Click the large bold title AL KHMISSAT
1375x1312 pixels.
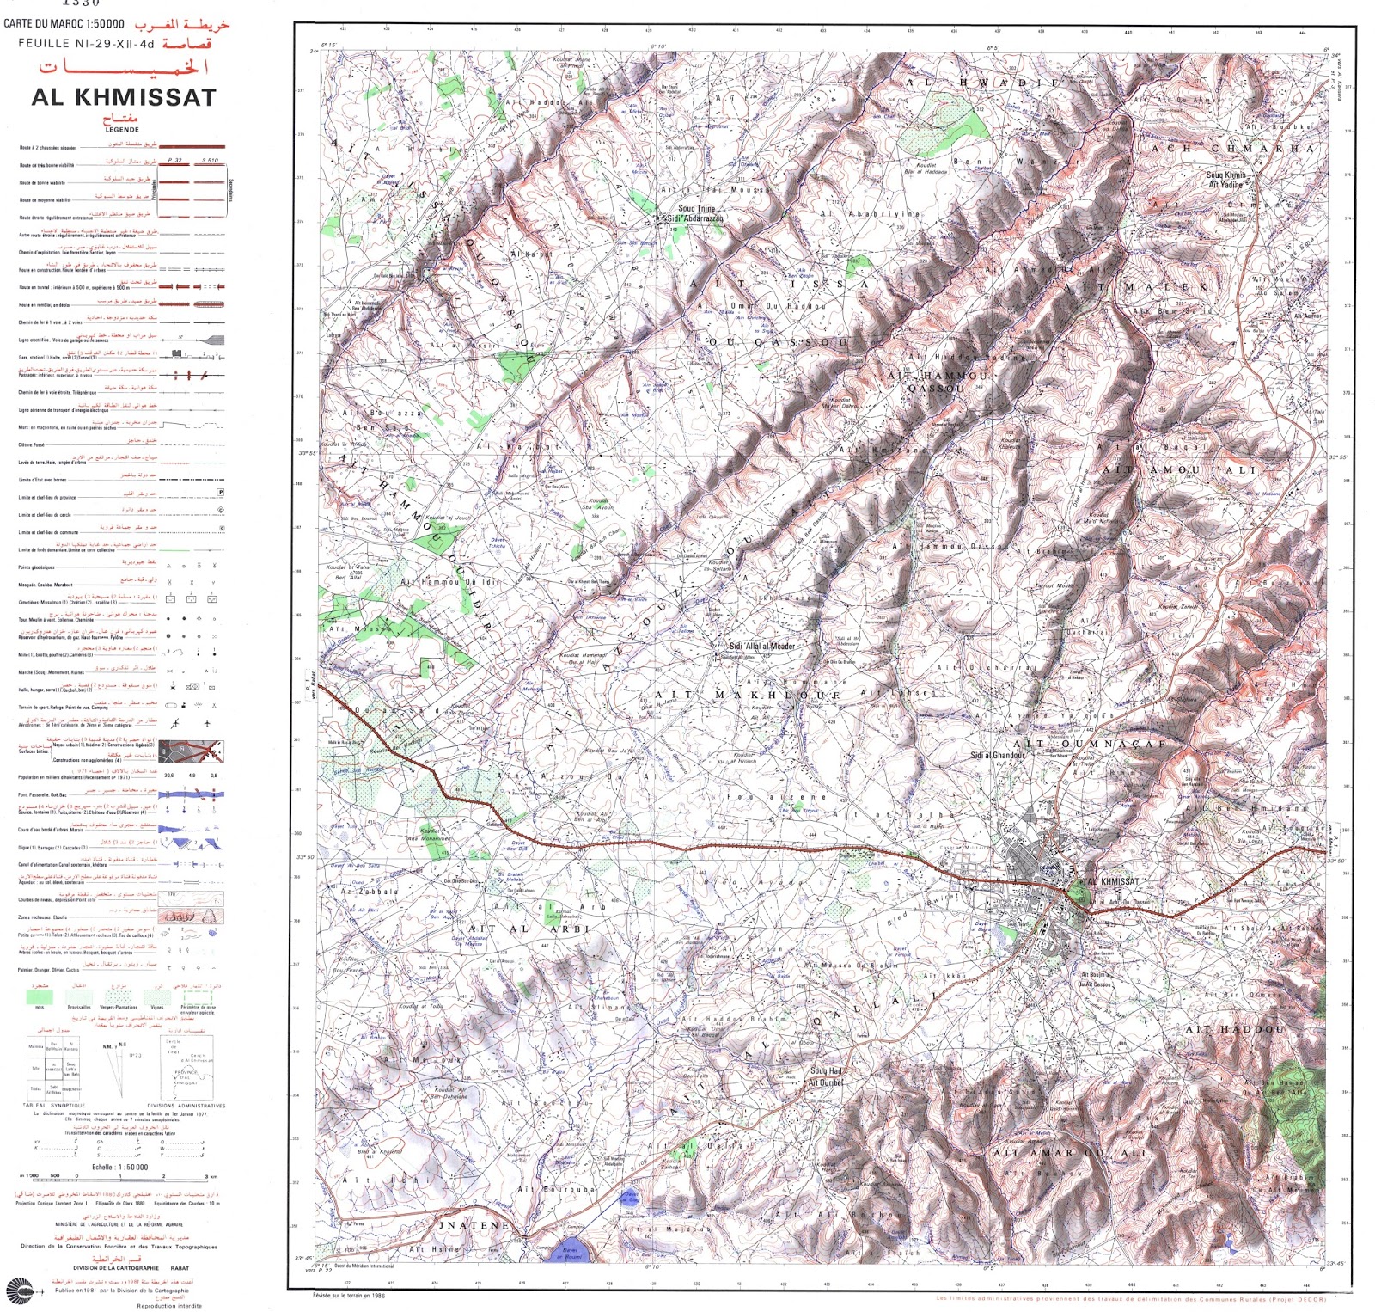coord(124,97)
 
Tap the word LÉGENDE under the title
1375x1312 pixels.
coord(121,130)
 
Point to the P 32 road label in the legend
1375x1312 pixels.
coord(175,161)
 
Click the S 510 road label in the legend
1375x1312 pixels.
coord(210,161)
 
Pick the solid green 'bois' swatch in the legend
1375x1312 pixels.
coord(40,996)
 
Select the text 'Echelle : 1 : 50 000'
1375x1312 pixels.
coord(120,1167)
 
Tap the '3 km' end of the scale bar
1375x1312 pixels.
coord(211,1176)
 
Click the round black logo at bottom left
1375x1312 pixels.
coord(19,1291)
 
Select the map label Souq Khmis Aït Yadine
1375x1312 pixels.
coord(1225,180)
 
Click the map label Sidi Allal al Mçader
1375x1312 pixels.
coord(761,646)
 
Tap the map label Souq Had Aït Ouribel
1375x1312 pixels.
coord(826,1076)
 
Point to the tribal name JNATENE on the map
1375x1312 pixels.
coord(474,1225)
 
